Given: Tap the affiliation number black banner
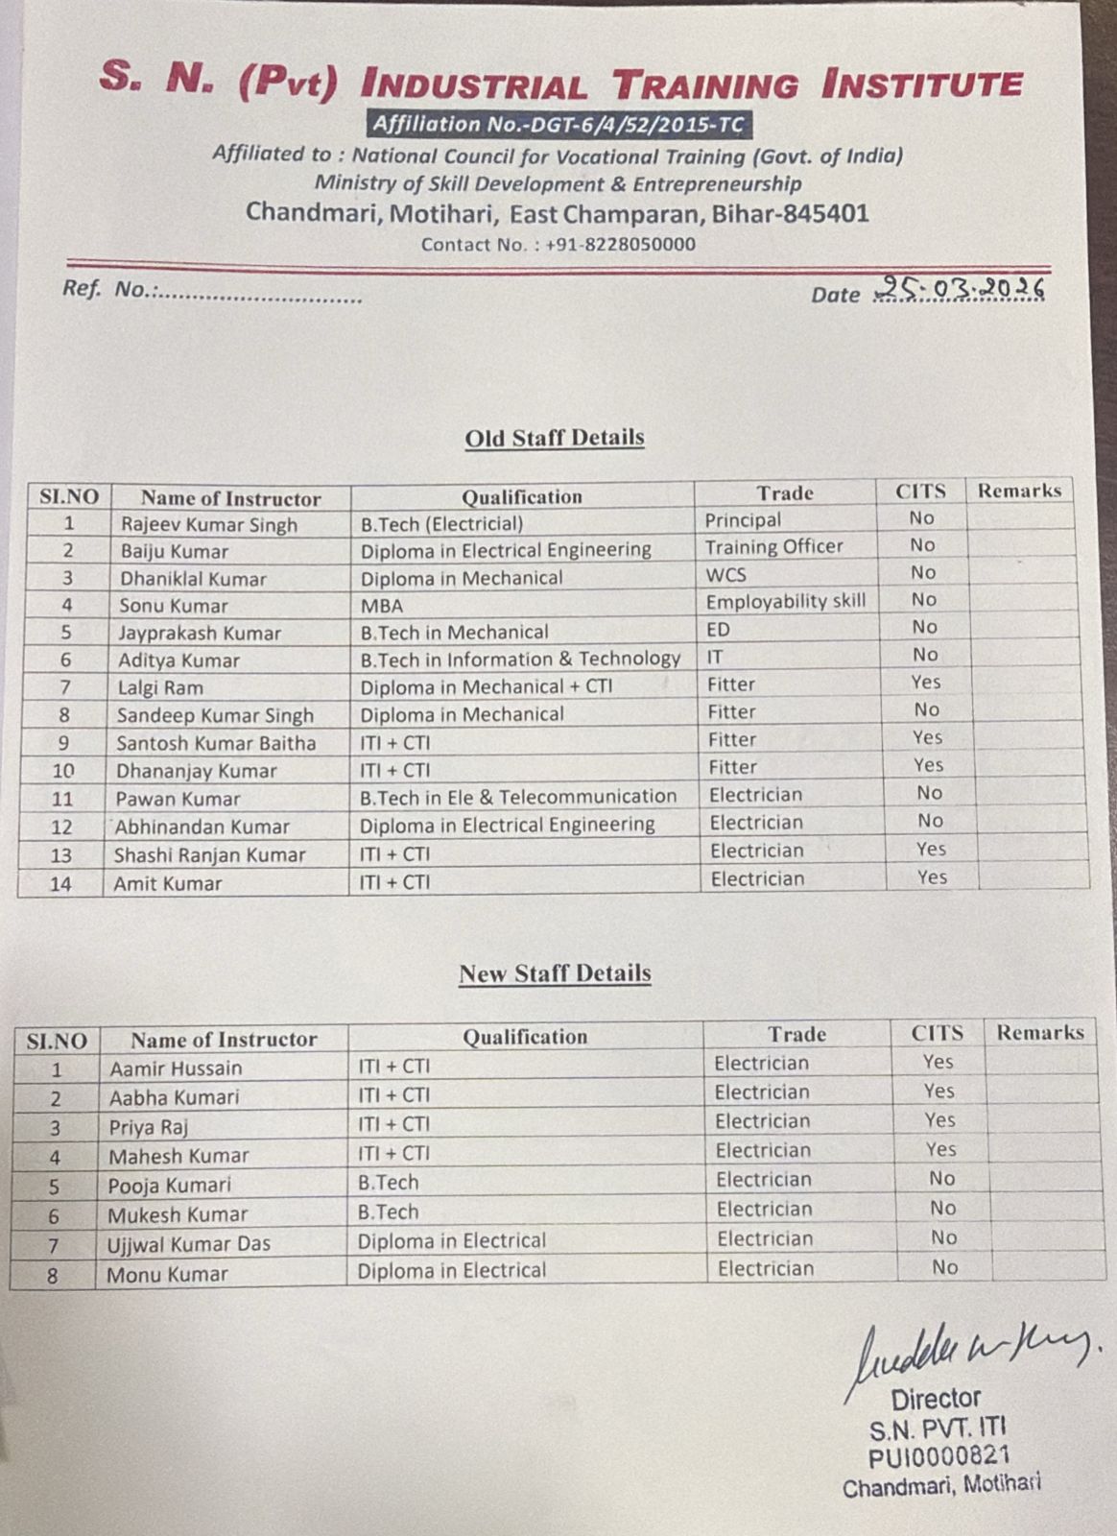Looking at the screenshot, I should [558, 124].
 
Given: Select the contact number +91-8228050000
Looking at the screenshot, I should [620, 244].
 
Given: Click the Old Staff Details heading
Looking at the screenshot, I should [554, 438].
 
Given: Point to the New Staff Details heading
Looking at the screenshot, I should [555, 973].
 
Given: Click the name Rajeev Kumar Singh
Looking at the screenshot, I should [208, 524].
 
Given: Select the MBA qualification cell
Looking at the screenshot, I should [382, 606].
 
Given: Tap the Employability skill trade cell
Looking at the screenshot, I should [785, 602].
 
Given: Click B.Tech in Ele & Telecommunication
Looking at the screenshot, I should [518, 797].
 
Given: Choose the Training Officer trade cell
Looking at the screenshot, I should [773, 547].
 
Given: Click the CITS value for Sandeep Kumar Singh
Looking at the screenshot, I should [926, 710].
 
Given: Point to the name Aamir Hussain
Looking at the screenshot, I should [176, 1068].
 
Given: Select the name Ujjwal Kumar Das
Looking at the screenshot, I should [188, 1244].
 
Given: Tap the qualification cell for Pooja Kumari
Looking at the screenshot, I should [389, 1183].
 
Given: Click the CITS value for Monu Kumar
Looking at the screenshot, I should [944, 1268].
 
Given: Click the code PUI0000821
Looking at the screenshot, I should [938, 1458].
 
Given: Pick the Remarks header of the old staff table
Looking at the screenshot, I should [1019, 491].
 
